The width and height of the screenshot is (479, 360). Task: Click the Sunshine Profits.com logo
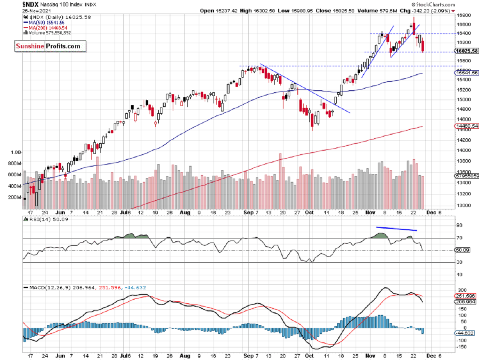point(48,46)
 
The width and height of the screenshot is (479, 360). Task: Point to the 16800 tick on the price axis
point(463,15)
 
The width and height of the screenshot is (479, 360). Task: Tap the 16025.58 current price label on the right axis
point(467,51)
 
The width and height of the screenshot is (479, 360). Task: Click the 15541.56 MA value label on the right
point(467,73)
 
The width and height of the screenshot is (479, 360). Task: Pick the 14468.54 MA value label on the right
point(467,126)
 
